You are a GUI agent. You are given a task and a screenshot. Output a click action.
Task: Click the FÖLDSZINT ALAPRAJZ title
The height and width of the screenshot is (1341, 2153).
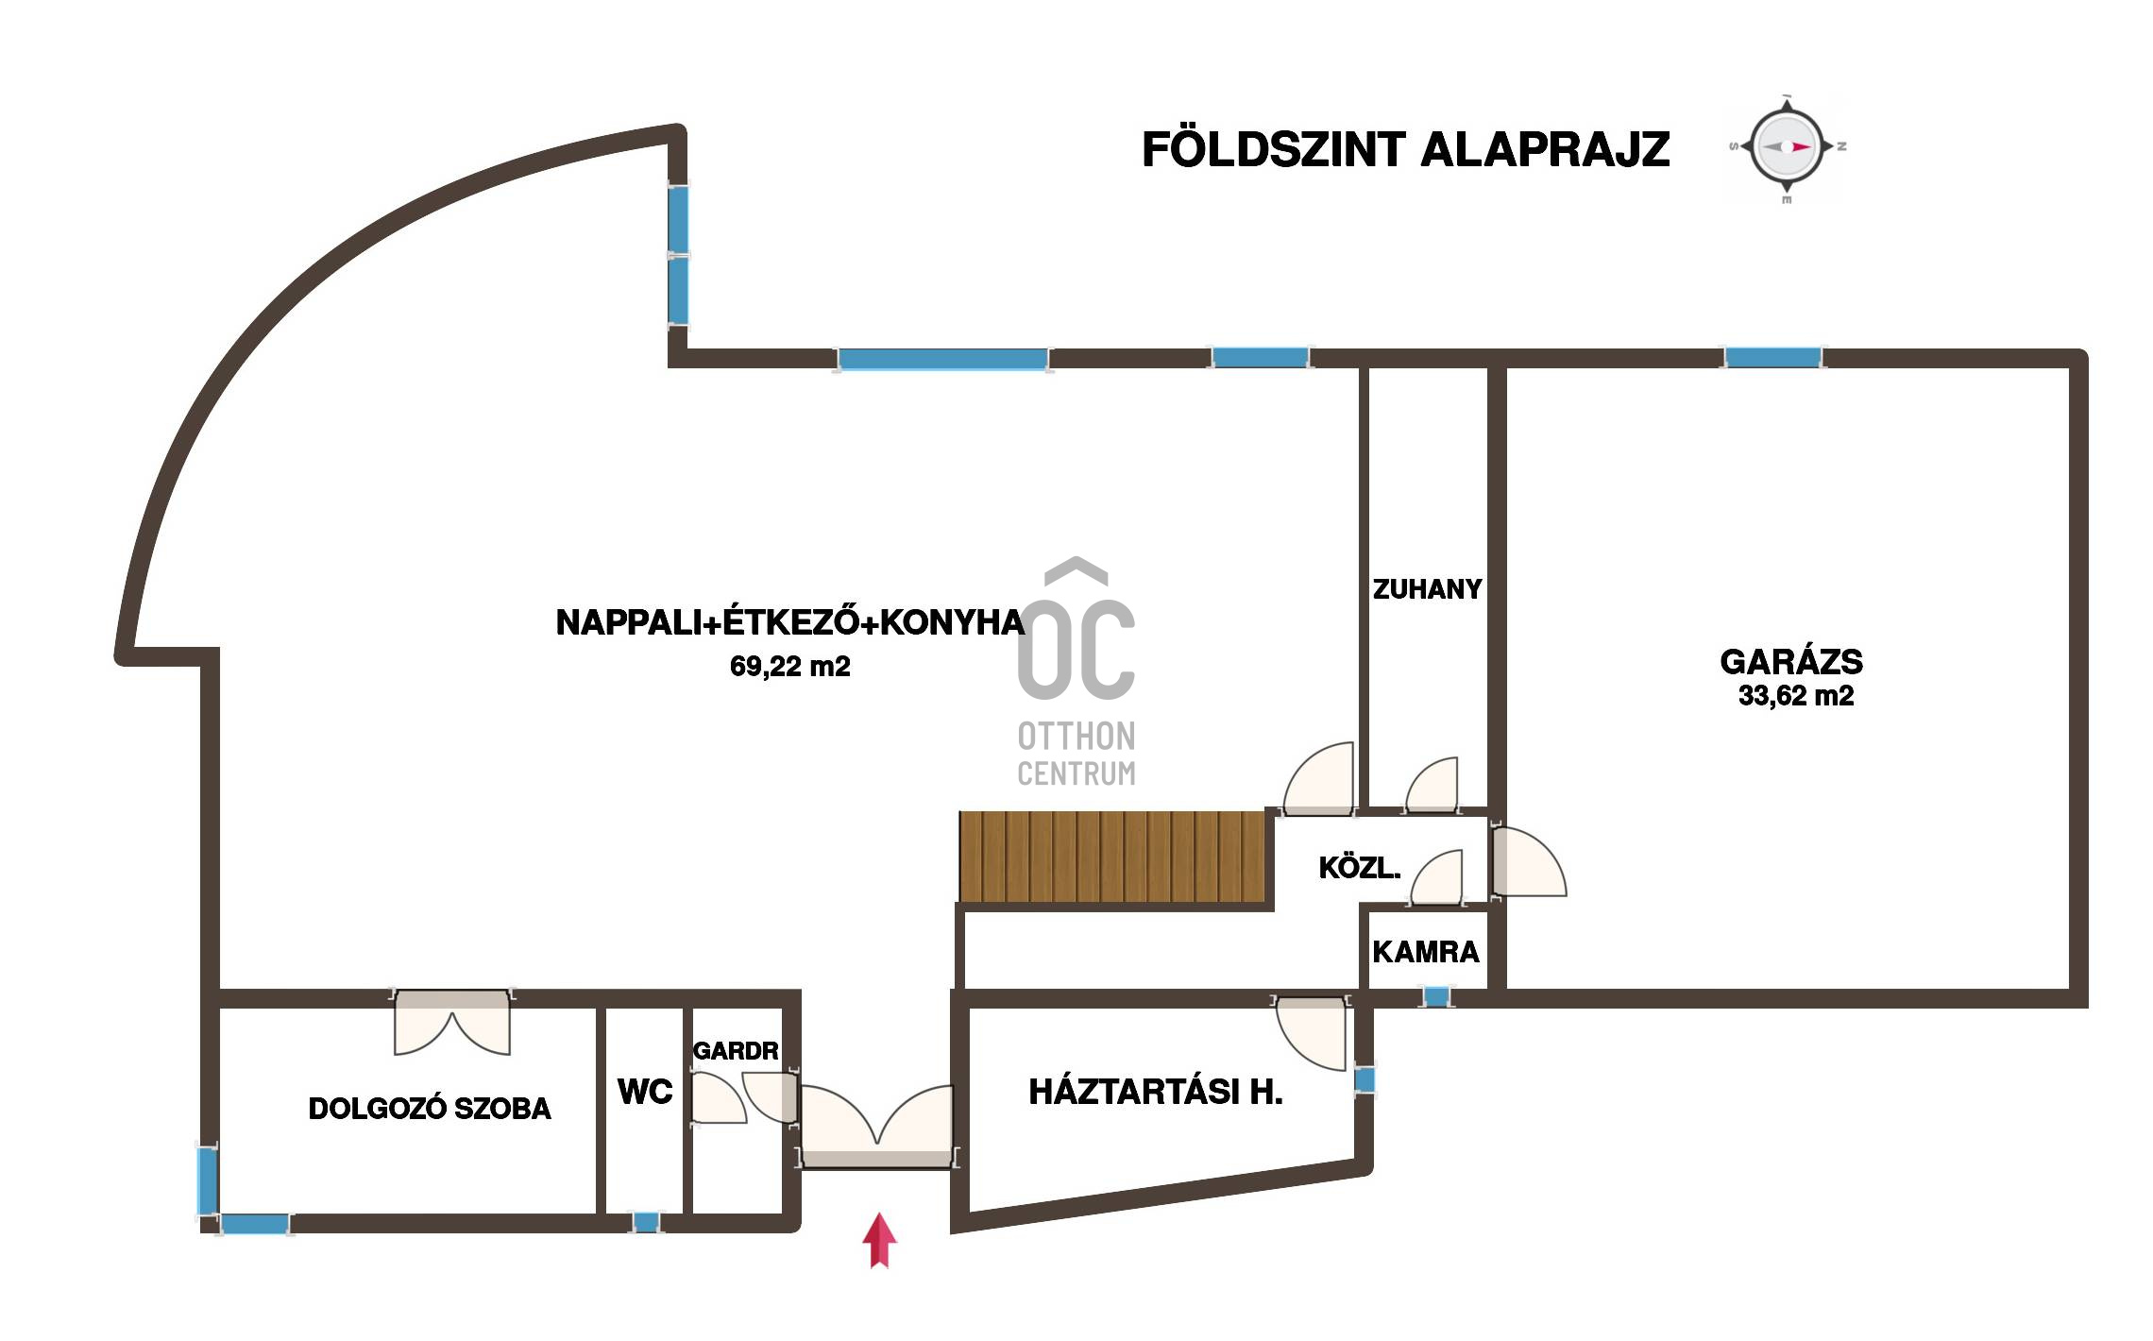[x=1405, y=149]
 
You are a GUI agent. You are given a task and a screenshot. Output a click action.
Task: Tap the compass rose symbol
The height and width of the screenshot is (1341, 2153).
[x=1786, y=148]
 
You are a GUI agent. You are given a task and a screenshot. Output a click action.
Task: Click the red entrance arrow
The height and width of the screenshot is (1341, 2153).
[x=879, y=1239]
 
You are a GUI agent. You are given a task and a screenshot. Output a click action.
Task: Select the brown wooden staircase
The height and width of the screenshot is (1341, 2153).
[x=1112, y=857]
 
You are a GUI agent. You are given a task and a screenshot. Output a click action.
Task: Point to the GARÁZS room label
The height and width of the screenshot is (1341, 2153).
[x=1791, y=661]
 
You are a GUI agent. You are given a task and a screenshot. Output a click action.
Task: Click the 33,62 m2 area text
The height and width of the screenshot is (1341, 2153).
[x=1796, y=696]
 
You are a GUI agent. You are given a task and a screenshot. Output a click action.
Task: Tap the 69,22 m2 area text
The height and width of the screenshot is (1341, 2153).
[x=790, y=667]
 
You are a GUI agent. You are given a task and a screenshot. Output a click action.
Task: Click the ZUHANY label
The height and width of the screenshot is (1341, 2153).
[x=1427, y=589]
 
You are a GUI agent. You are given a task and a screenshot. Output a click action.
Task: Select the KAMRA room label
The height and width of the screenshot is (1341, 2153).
[x=1426, y=951]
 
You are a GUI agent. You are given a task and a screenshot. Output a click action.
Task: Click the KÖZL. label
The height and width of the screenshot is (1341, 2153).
[x=1360, y=868]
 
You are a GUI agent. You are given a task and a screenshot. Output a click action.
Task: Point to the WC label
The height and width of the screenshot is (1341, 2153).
[x=645, y=1092]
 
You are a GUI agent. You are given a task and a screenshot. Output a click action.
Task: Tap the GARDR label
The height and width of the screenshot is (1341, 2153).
[x=736, y=1050]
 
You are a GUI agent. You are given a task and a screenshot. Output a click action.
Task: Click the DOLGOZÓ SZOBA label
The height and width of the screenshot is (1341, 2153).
[x=430, y=1109]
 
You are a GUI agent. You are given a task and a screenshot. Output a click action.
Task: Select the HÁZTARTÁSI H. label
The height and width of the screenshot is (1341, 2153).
[x=1156, y=1092]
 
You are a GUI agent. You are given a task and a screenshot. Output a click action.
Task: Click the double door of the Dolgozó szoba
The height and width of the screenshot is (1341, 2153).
[x=452, y=1022]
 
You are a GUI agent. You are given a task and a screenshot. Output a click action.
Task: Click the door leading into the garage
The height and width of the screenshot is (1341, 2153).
[x=1528, y=861]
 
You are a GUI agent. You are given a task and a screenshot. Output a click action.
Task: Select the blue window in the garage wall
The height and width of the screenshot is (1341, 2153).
[x=1772, y=358]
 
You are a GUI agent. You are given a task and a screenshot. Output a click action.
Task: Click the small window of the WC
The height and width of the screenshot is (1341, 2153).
[x=645, y=1222]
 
